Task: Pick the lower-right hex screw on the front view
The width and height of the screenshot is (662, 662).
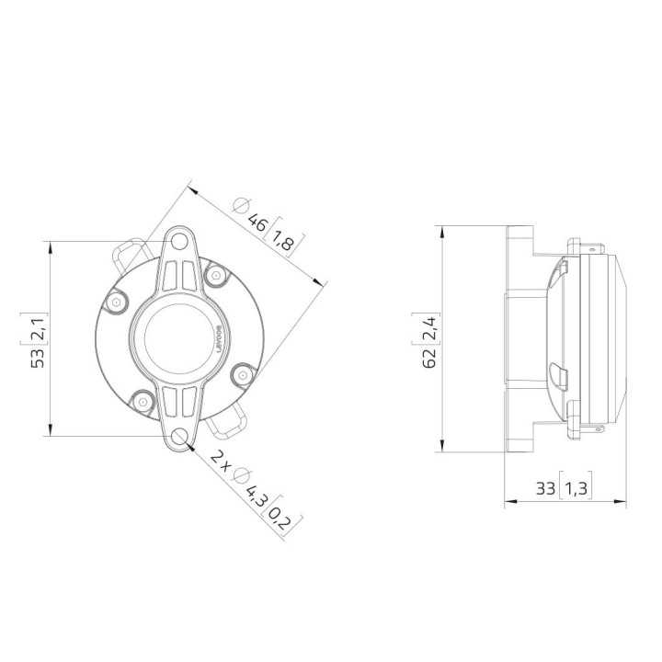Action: pyautogui.click(x=241, y=372)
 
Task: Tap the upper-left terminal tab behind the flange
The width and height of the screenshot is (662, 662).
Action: pyautogui.click(x=128, y=253)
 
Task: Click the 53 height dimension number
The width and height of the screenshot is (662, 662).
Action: pyautogui.click(x=37, y=357)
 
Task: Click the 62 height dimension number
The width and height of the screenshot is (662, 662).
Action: pyautogui.click(x=429, y=356)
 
